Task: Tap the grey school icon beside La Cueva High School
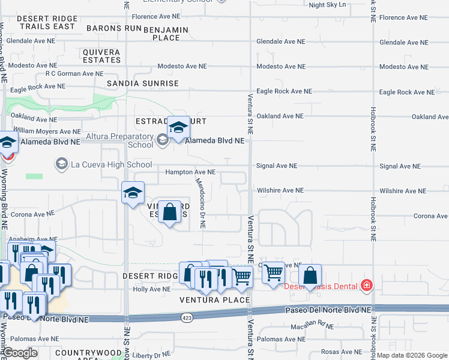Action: coord(61,163)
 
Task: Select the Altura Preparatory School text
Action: coord(119,140)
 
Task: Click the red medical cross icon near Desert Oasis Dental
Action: coord(366,286)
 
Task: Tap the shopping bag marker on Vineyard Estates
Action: coord(170,212)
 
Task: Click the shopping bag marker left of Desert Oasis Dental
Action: coord(310,276)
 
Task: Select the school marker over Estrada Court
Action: coord(178,128)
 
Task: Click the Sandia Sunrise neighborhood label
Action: coord(142,83)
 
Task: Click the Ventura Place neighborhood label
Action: coord(214,299)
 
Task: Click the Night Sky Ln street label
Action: coord(327,5)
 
